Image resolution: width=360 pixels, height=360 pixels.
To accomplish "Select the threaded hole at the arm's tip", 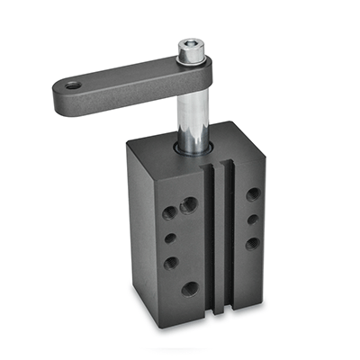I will click(72, 85).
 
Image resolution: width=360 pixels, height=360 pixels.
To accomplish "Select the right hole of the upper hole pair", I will click(189, 205).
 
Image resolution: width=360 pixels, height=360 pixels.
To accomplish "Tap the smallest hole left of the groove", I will click(170, 239).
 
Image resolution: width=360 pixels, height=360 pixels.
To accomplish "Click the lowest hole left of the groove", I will click(190, 289).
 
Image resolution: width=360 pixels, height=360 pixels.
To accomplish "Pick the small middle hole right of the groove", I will click(253, 219).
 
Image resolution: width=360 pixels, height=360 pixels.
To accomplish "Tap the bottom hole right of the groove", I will click(253, 243).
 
